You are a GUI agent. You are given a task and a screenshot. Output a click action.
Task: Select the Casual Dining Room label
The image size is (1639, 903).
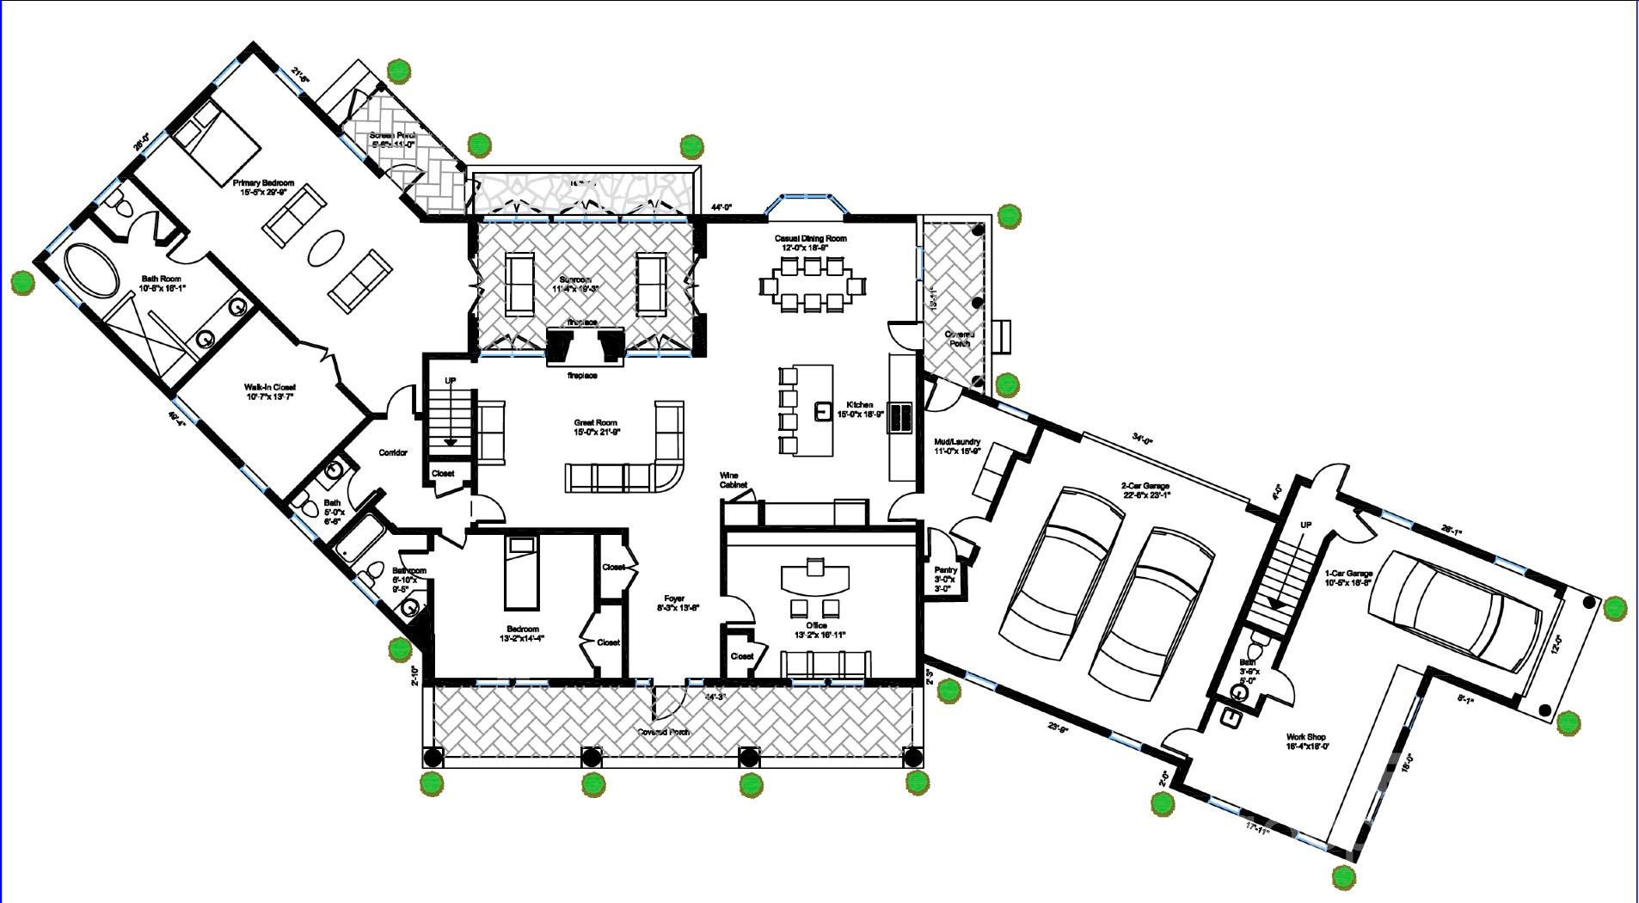coord(813,243)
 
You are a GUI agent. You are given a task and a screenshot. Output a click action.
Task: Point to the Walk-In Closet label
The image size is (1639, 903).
coord(270,392)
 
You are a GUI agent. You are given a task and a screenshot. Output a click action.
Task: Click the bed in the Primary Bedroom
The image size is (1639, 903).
coord(223,141)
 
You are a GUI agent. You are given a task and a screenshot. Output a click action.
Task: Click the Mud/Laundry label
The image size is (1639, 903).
coord(957,446)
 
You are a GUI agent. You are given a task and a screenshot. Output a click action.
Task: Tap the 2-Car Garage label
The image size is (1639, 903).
coord(1145,490)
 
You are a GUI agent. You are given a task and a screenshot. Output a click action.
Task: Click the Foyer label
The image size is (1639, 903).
coord(674,603)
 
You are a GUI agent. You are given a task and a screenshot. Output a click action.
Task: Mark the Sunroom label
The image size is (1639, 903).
coord(575,284)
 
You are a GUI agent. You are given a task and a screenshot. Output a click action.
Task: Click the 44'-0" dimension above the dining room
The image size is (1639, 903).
coord(721,207)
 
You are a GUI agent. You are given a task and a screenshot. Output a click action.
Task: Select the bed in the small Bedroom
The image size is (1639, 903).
coord(520,571)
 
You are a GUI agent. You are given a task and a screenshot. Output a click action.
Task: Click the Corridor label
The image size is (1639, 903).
coord(393,452)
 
